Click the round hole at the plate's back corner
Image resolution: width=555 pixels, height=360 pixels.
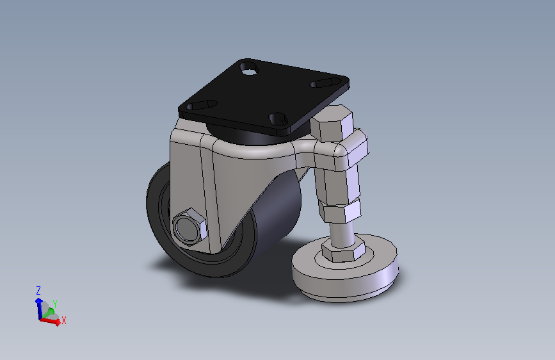point(249,69)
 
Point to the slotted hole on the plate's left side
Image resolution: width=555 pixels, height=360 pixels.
point(202,105)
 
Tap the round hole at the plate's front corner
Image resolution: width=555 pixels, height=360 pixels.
point(278,119)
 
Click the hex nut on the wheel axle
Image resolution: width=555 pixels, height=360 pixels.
point(190,227)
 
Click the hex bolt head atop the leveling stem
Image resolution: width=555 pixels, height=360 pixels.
point(332,122)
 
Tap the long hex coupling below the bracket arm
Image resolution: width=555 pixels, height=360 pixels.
point(338,184)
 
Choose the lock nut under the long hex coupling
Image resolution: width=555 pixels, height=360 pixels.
point(340,211)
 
